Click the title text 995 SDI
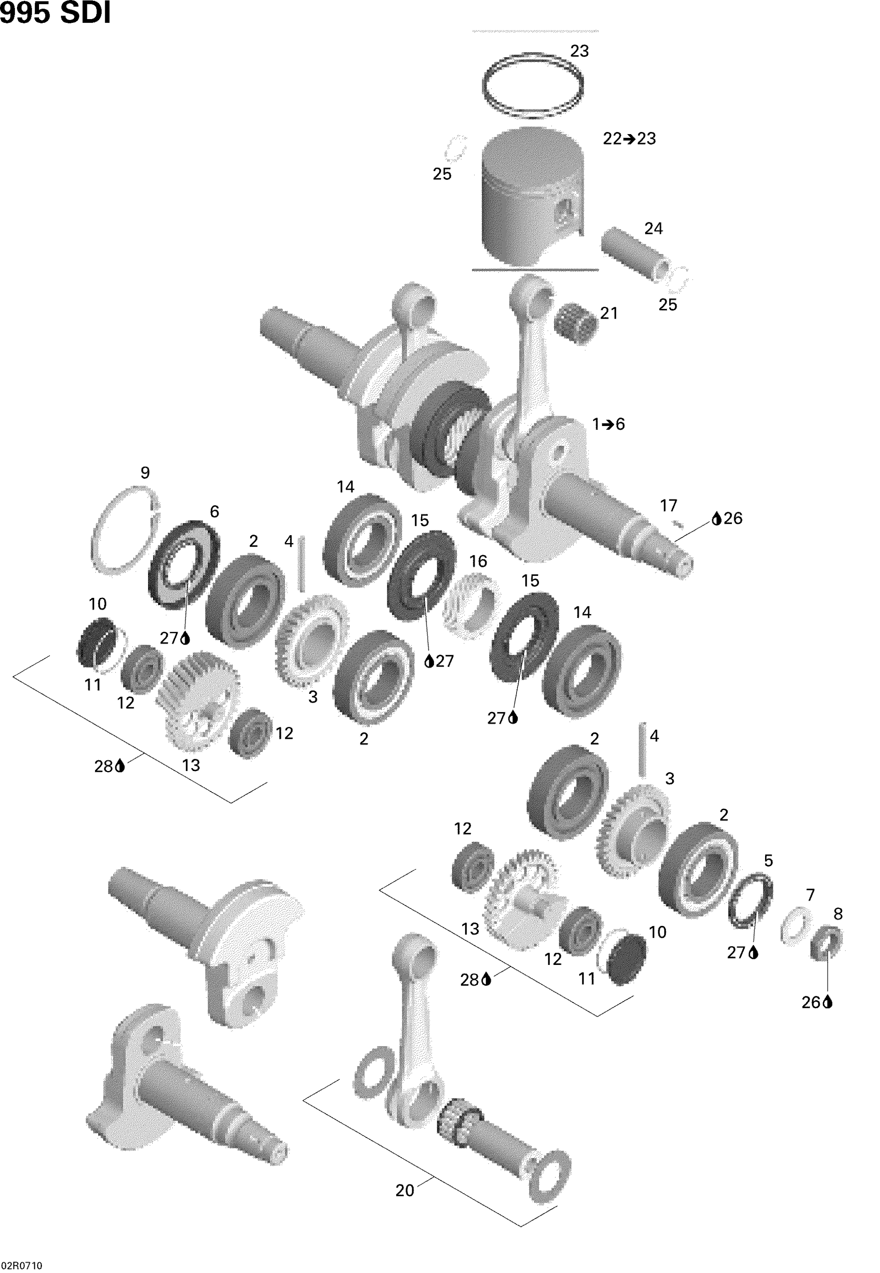click(x=55, y=13)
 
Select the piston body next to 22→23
click(x=532, y=199)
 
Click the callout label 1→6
click(x=608, y=424)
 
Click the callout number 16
click(x=478, y=561)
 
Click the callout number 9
click(x=145, y=473)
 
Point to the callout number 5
click(x=768, y=861)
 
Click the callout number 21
click(x=609, y=313)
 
